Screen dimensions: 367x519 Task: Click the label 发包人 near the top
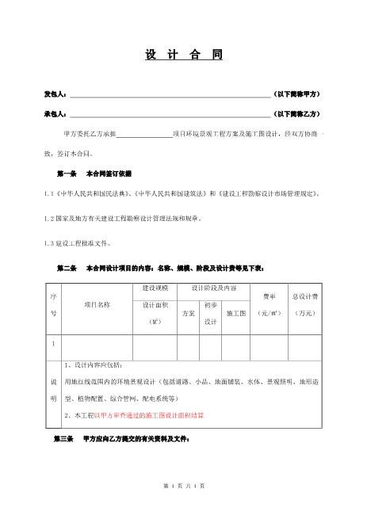tap(55, 94)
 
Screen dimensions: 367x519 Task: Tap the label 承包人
tap(55, 114)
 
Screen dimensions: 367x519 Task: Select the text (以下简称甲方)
tap(296, 94)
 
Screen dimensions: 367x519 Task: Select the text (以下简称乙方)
tap(296, 114)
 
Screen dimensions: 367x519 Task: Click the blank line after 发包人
tap(170, 95)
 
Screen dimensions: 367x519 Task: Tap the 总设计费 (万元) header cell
tap(304, 304)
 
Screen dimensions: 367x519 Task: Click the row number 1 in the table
tap(53, 344)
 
